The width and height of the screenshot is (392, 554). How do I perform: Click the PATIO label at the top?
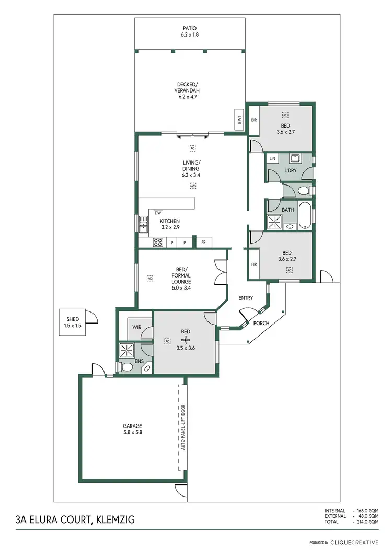(x=190, y=31)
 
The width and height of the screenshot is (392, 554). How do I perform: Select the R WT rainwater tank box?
(x=239, y=120)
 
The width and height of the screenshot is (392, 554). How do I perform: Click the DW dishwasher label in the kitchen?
(x=157, y=212)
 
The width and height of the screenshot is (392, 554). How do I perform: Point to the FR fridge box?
(x=203, y=243)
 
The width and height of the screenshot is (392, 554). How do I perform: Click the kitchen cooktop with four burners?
(x=158, y=243)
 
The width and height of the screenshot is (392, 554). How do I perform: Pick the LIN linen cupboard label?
(x=272, y=158)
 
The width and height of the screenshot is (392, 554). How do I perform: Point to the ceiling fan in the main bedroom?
(x=183, y=338)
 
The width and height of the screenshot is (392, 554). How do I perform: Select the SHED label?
(x=72, y=322)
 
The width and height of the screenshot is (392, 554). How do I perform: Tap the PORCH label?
(x=261, y=323)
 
